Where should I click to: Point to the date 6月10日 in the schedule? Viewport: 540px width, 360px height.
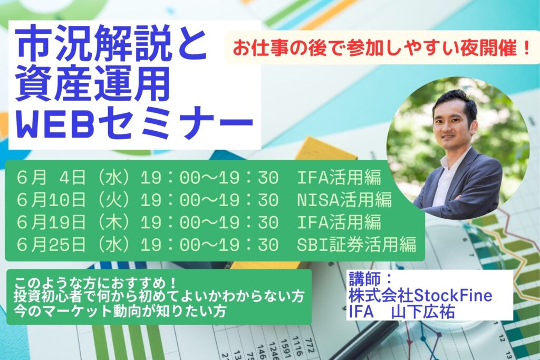coord(51,200)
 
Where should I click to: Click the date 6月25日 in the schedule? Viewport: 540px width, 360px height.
coord(51,245)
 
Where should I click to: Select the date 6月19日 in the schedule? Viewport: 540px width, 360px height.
coord(51,222)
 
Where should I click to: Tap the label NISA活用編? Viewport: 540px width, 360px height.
coord(344,200)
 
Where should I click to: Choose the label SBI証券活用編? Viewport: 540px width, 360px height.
coord(356,245)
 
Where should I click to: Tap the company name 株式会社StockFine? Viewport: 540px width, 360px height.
coord(420,295)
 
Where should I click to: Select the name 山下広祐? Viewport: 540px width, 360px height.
coord(423,312)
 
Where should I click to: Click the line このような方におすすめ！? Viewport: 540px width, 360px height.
coord(95,284)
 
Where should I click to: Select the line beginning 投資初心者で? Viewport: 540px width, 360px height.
coord(159,297)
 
